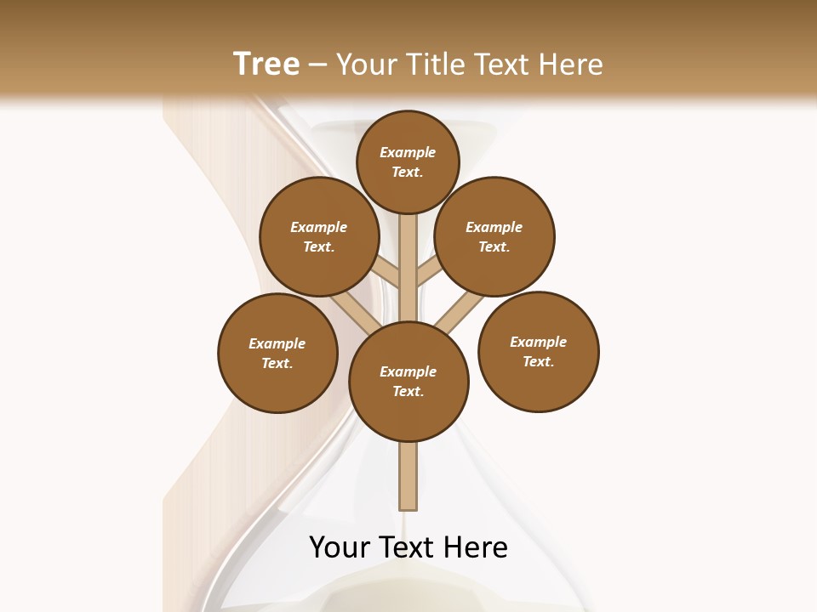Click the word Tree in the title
click(x=266, y=64)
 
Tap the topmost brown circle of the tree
click(x=408, y=161)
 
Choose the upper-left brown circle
click(x=319, y=236)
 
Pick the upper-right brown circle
click(x=494, y=236)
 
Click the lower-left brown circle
click(x=277, y=353)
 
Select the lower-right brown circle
click(x=539, y=351)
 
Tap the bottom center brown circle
click(x=408, y=381)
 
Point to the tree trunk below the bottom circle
click(x=408, y=476)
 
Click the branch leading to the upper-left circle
click(x=387, y=273)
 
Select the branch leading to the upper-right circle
click(x=429, y=273)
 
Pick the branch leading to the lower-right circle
click(x=458, y=309)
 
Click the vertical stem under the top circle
click(x=408, y=255)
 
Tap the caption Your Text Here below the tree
click(x=408, y=547)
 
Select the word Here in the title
click(x=569, y=64)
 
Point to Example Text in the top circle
click(x=408, y=161)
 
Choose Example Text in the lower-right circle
click(x=539, y=351)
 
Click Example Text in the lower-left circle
click(x=277, y=353)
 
